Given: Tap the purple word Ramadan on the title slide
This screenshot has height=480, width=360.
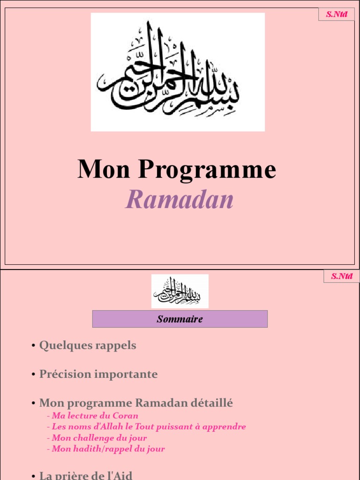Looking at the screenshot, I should (x=180, y=200).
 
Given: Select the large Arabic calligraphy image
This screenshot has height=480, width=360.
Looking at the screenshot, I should (x=178, y=72).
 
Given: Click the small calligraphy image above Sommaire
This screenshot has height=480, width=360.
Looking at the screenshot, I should (x=180, y=291).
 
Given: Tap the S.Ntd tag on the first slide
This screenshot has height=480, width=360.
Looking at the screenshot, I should (x=337, y=14).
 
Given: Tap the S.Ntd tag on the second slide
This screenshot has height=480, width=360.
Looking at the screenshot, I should (x=341, y=276).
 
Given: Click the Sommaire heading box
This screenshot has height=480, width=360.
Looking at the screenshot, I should (x=180, y=319).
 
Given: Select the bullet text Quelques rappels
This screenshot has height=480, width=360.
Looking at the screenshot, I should (x=88, y=346).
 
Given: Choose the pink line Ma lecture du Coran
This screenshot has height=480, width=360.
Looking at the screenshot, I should (x=95, y=416).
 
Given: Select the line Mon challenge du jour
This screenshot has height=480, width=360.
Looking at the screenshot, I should (x=99, y=438).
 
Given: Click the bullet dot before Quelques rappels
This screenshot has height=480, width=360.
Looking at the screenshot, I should (x=34, y=346).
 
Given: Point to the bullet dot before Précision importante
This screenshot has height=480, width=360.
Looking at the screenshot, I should (x=34, y=375).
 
